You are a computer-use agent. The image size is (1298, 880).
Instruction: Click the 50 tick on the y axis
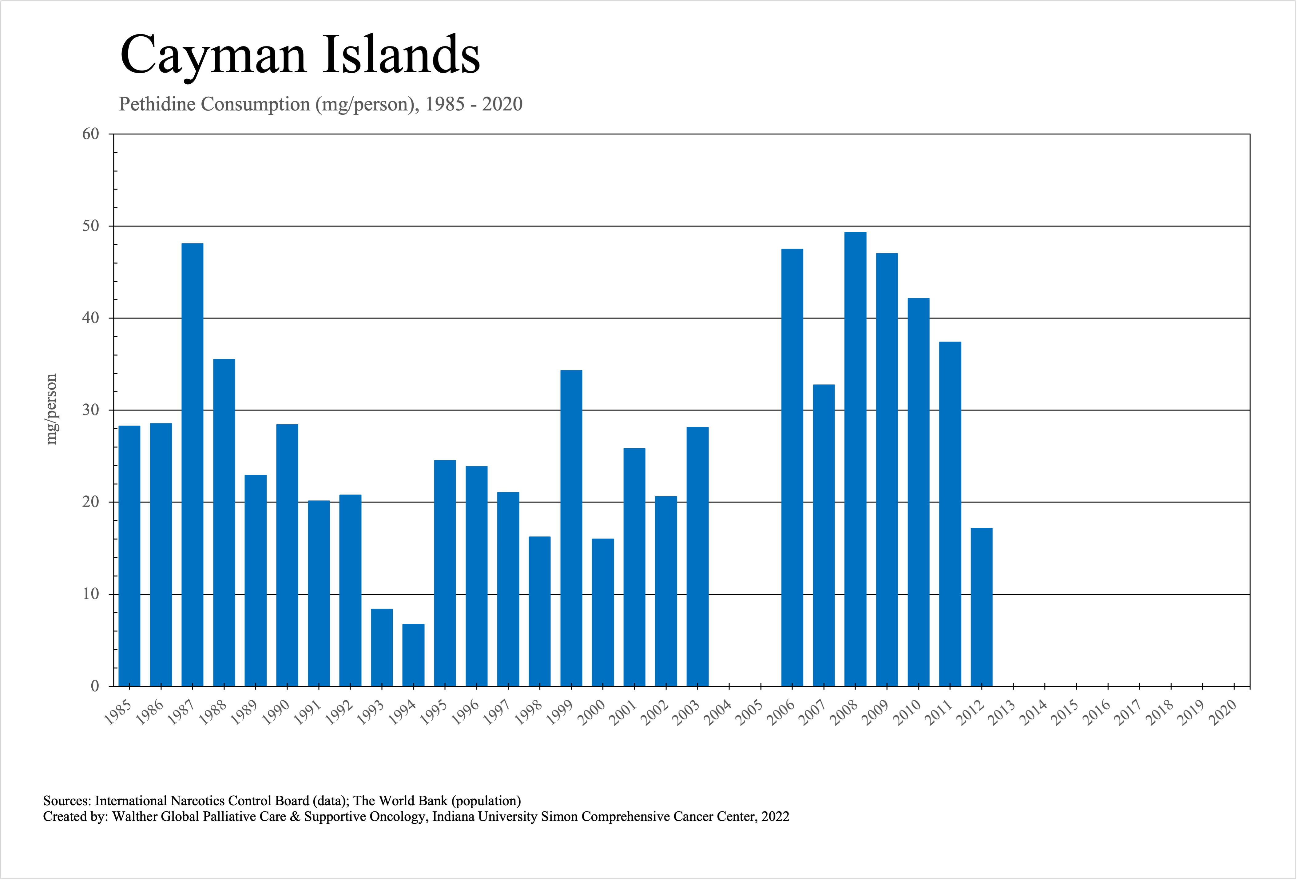coord(90,226)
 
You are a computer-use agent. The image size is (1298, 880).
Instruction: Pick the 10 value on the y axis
coord(90,594)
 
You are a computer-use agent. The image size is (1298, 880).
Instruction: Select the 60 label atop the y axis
coord(90,134)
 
